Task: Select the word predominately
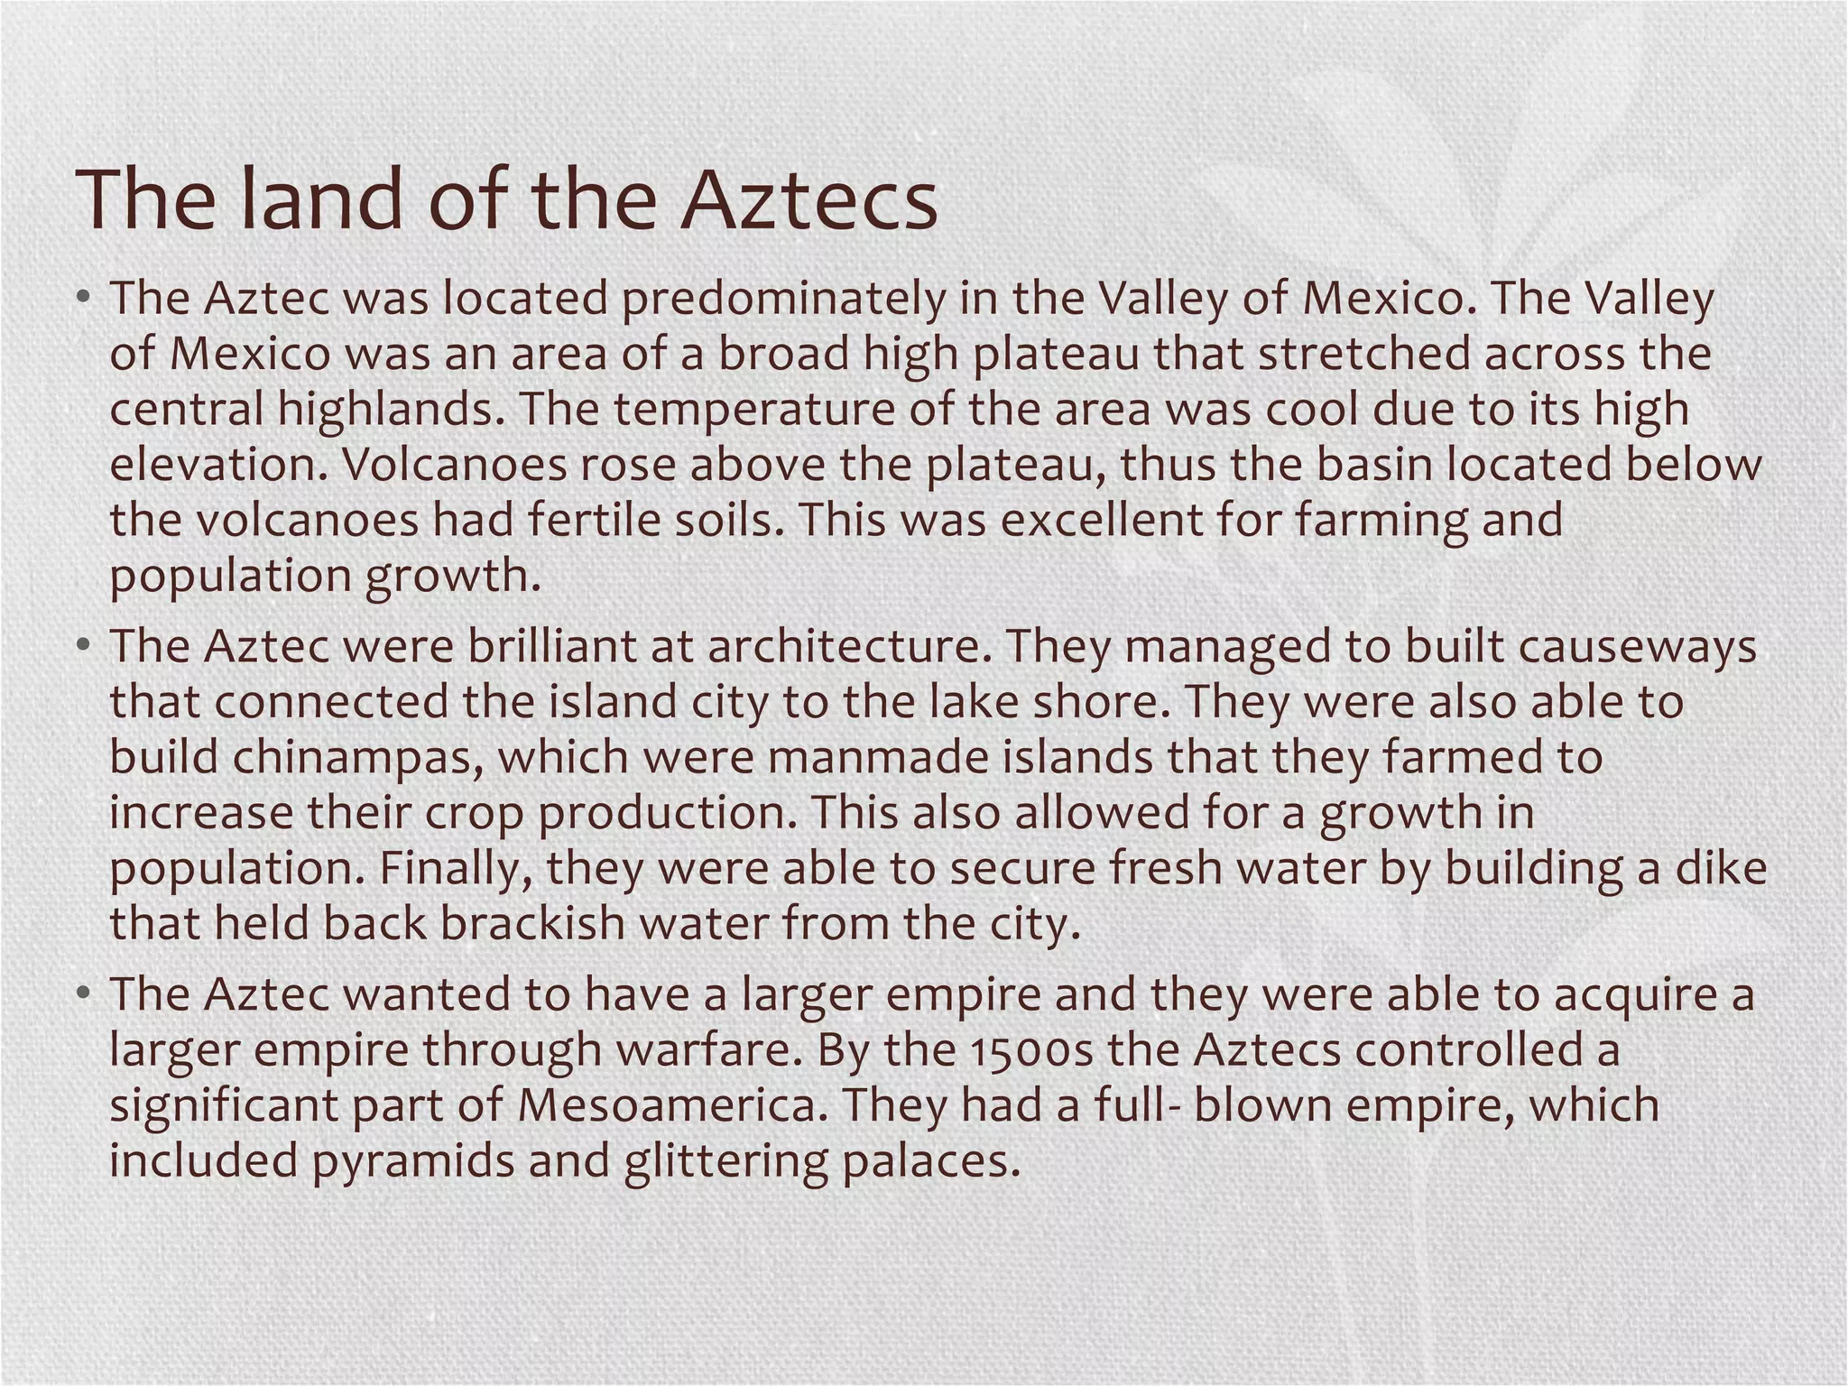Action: click(781, 299)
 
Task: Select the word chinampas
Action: click(352, 758)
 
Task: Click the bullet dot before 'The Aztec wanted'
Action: click(83, 994)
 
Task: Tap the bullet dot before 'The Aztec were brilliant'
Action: click(83, 647)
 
